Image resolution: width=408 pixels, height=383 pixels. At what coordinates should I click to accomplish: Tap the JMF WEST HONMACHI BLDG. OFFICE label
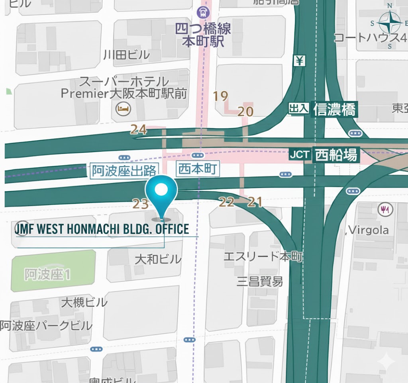coord(102,229)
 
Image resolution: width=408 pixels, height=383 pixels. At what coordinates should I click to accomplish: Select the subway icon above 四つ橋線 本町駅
coord(204,12)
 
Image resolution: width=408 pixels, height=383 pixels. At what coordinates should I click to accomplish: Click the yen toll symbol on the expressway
coord(300,61)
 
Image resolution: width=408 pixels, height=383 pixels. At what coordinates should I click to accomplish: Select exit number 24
coord(138,130)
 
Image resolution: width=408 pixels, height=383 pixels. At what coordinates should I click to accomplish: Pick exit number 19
coord(220,96)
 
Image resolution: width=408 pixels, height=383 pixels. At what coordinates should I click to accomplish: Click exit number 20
coord(245,111)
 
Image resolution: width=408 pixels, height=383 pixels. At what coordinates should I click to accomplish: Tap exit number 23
coord(140,204)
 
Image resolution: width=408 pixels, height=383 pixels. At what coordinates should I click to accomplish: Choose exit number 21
coord(255,202)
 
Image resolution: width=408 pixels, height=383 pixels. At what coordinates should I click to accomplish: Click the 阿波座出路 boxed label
coord(124,171)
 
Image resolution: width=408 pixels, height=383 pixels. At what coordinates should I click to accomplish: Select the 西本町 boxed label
coord(198,169)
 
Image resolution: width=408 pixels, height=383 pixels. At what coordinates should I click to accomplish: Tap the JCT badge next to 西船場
coord(299,155)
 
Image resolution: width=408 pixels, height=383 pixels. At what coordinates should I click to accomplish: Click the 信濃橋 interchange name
coord(334,109)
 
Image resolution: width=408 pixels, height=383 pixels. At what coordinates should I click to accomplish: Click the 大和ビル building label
coord(158,260)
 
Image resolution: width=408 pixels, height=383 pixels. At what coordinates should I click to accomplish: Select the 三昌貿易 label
coord(260,281)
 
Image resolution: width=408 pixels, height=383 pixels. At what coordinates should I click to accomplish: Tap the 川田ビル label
coord(126,54)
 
